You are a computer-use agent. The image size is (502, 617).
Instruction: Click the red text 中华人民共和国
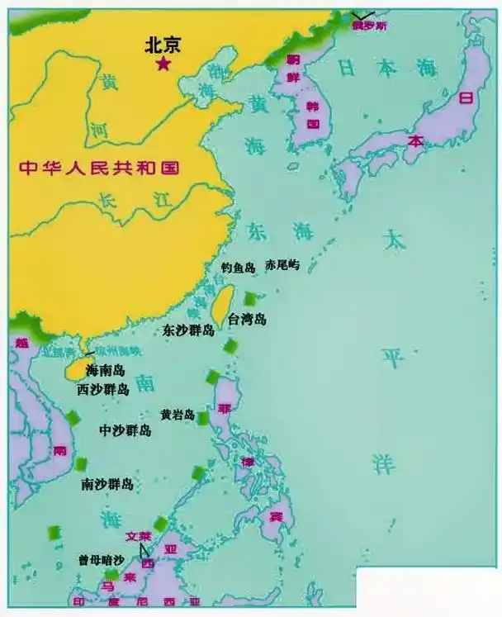[99, 167]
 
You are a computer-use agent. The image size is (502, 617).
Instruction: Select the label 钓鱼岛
[238, 268]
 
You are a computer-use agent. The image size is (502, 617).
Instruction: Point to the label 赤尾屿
[282, 266]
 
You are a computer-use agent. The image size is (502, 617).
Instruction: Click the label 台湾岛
[248, 320]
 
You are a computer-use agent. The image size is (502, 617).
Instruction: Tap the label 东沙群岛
[189, 330]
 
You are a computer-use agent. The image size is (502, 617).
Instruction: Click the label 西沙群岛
[103, 389]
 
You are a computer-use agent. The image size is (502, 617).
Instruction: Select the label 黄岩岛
[178, 415]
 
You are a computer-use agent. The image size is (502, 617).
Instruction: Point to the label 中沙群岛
[125, 431]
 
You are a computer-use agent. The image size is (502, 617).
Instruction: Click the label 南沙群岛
[107, 484]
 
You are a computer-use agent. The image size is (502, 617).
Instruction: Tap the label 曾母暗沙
[101, 559]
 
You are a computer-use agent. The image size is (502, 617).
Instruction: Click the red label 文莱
[140, 535]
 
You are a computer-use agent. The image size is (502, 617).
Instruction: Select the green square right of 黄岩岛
[203, 418]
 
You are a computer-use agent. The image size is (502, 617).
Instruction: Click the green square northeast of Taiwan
[250, 298]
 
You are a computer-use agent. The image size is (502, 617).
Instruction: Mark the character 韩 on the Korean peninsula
[313, 107]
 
